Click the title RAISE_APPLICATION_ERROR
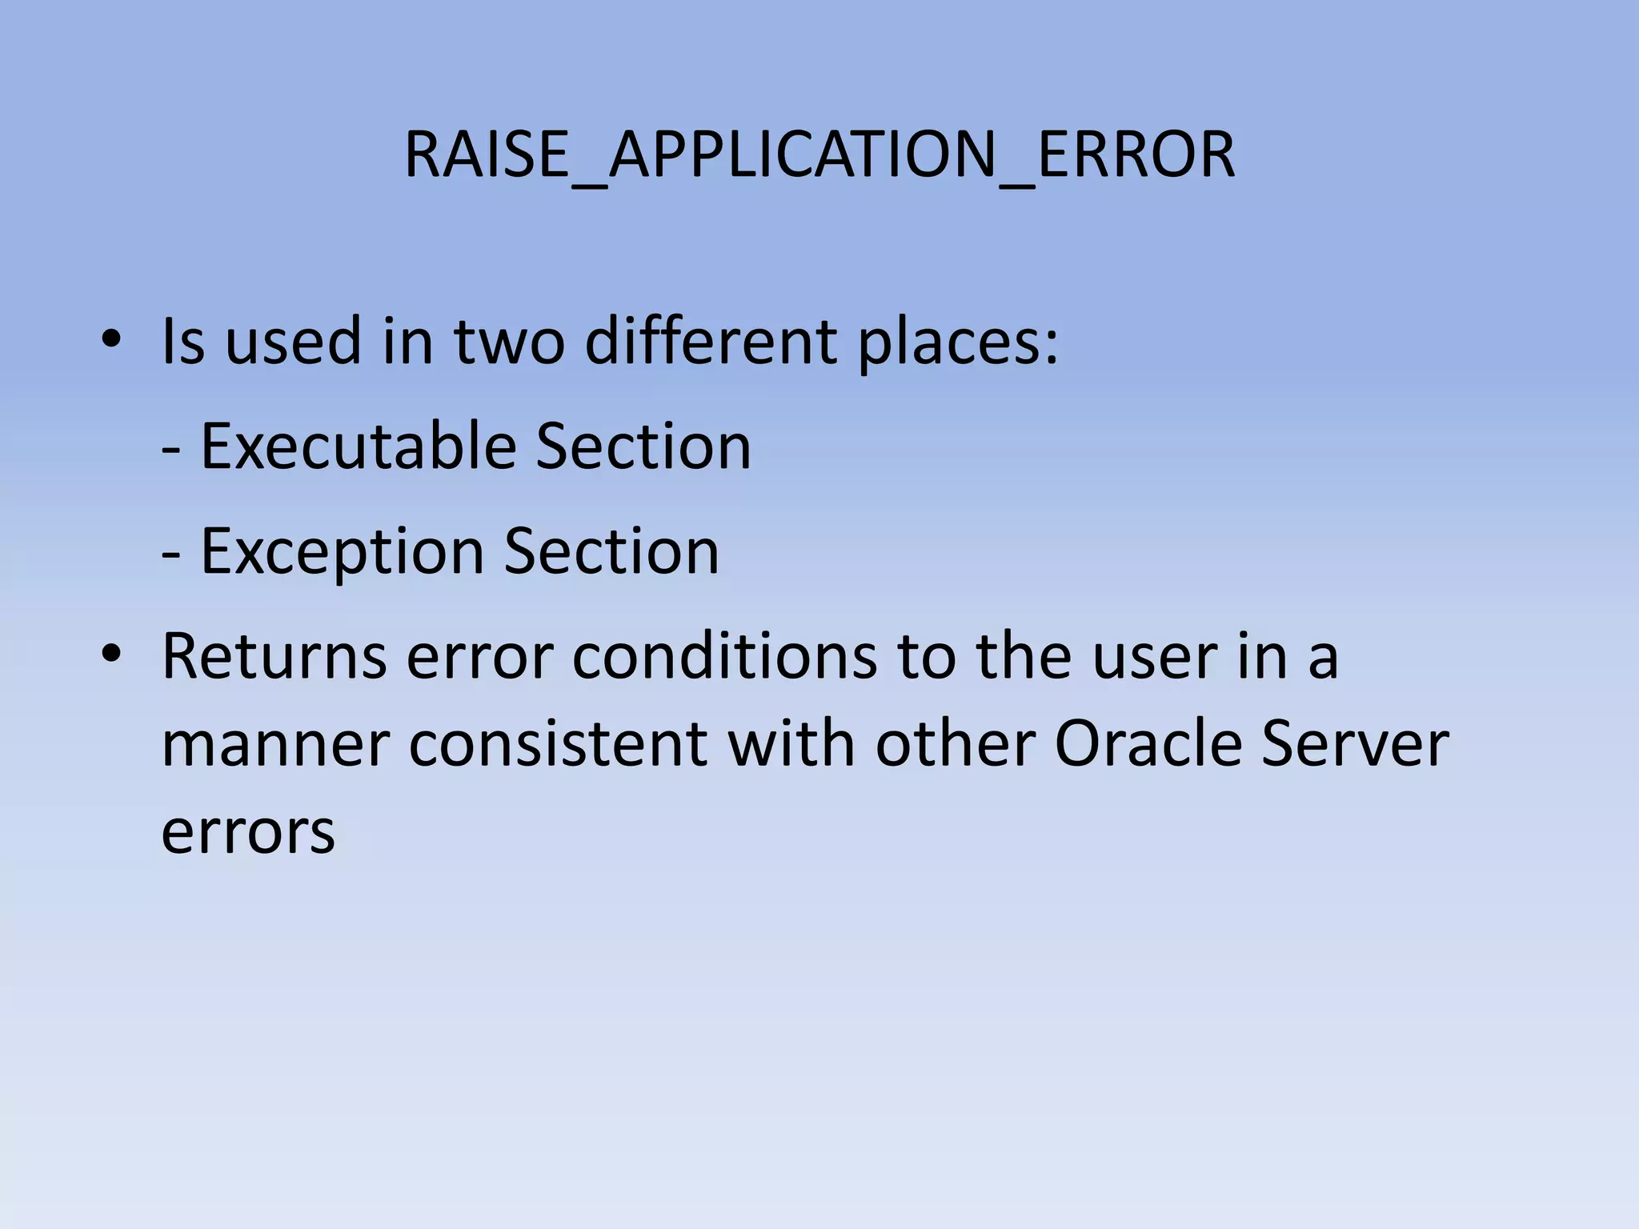tap(819, 154)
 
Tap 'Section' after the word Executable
tap(643, 446)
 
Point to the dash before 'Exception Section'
tap(170, 554)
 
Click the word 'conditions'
tap(725, 656)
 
